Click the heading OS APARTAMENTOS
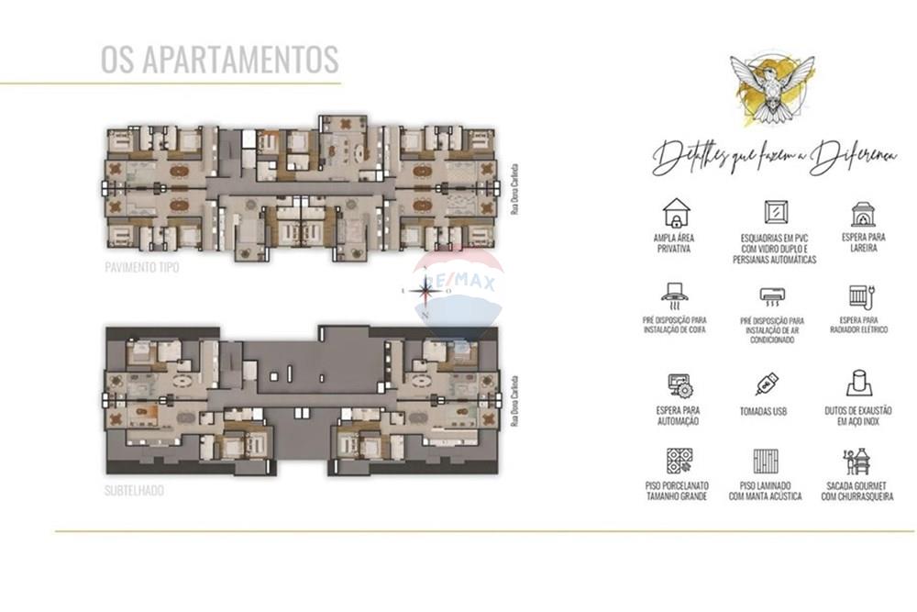tap(219, 59)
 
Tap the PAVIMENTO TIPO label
tap(142, 268)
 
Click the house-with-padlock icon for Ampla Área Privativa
tap(678, 213)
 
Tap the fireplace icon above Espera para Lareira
tap(862, 215)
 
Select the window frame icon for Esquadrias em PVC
tap(774, 213)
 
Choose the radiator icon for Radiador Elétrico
tap(859, 295)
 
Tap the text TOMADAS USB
tap(764, 412)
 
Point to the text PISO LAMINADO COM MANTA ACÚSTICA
tap(765, 491)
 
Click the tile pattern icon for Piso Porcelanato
tap(679, 461)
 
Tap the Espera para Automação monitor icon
tap(679, 384)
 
